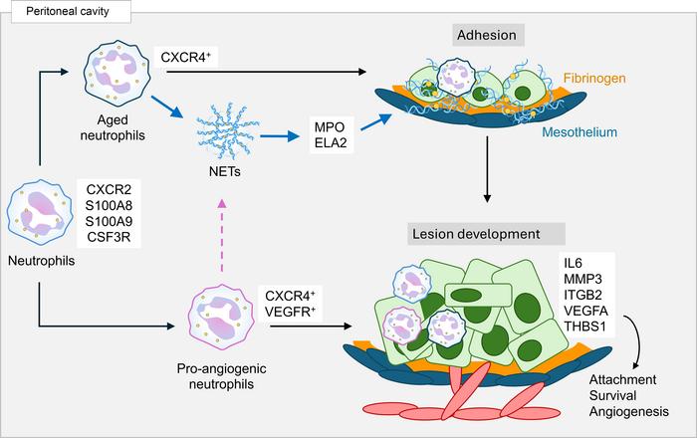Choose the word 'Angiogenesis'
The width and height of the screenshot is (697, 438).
(x=627, y=411)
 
